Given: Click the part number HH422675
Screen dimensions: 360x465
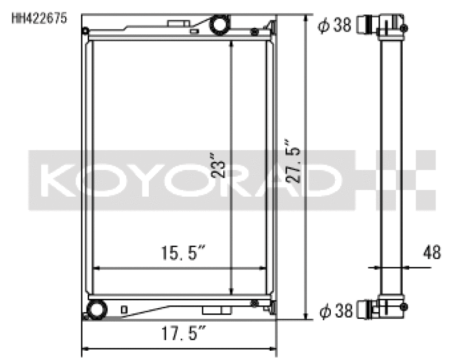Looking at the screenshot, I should [x=39, y=18].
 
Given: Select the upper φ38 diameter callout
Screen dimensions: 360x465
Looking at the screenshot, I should [x=335, y=25].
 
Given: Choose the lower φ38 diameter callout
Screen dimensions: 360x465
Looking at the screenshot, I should [x=335, y=312].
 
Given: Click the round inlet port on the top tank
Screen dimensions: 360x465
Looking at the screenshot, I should [x=220, y=25].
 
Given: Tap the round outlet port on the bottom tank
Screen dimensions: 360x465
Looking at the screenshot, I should [x=95, y=308].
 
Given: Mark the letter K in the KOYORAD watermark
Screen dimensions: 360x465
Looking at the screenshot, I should [x=57, y=180].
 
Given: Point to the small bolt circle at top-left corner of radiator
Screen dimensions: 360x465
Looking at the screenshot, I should [x=85, y=31].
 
